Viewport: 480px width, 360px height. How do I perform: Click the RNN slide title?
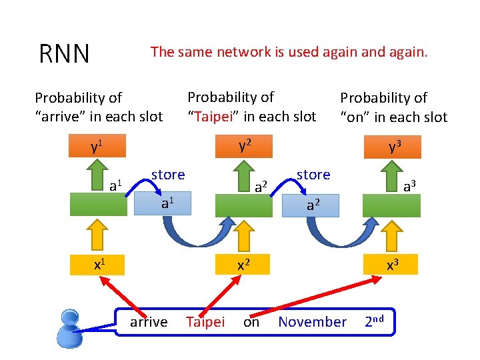point(64,54)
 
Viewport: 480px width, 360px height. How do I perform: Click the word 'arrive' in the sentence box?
point(148,322)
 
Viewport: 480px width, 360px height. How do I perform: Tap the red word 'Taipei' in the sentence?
point(205,322)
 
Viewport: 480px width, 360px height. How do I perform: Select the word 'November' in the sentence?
point(312,322)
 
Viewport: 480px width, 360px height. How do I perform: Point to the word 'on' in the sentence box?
point(251,322)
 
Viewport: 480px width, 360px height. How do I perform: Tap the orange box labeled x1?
point(98,264)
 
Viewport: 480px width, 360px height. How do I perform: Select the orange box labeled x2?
point(243,264)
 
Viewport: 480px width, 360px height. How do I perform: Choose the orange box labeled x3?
point(392,264)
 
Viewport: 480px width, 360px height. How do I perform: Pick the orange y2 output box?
point(243,146)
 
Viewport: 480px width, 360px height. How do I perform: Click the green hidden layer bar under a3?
point(392,205)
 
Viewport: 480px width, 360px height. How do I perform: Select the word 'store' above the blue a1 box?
point(167,175)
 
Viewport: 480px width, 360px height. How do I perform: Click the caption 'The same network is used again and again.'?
point(289,51)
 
